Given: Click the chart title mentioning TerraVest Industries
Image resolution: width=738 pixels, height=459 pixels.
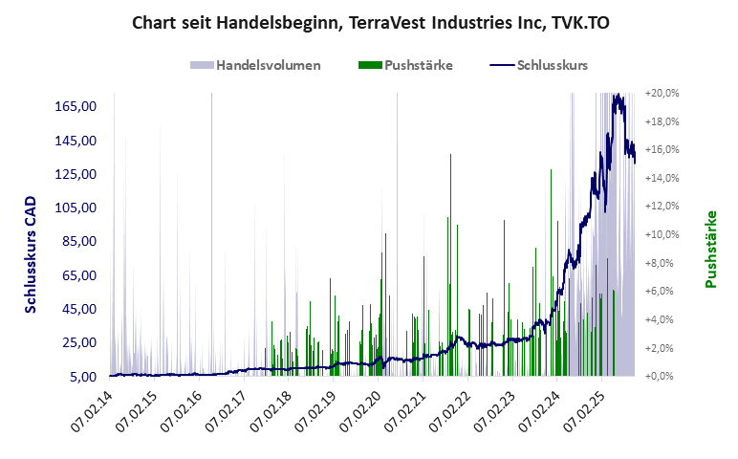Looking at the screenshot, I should pos(369,22).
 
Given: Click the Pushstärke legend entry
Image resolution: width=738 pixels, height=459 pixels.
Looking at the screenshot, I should pos(418,66).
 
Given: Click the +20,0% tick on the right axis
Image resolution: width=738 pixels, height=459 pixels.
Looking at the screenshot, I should pos(662,94).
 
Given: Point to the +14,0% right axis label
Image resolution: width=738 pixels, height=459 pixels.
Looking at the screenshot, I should pos(662,178).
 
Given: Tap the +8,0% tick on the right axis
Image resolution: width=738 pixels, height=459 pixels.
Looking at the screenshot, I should pos(662,263).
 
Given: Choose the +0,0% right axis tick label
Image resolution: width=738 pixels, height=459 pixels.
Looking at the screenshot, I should pos(662,377).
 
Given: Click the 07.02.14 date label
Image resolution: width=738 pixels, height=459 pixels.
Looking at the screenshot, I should pos(93,413).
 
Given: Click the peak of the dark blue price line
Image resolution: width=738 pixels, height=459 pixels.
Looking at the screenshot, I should pos(618,95).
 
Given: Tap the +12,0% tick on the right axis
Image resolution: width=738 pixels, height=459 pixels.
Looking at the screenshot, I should pos(662,207).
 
